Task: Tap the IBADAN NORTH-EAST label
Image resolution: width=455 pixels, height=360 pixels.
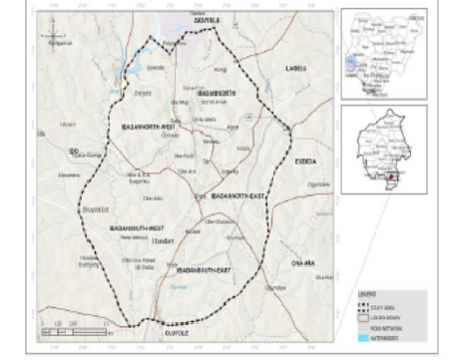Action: (x=236, y=195)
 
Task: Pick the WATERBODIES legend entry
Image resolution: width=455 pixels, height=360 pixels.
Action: (x=386, y=336)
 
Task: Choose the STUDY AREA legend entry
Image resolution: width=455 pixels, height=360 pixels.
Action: (x=386, y=302)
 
